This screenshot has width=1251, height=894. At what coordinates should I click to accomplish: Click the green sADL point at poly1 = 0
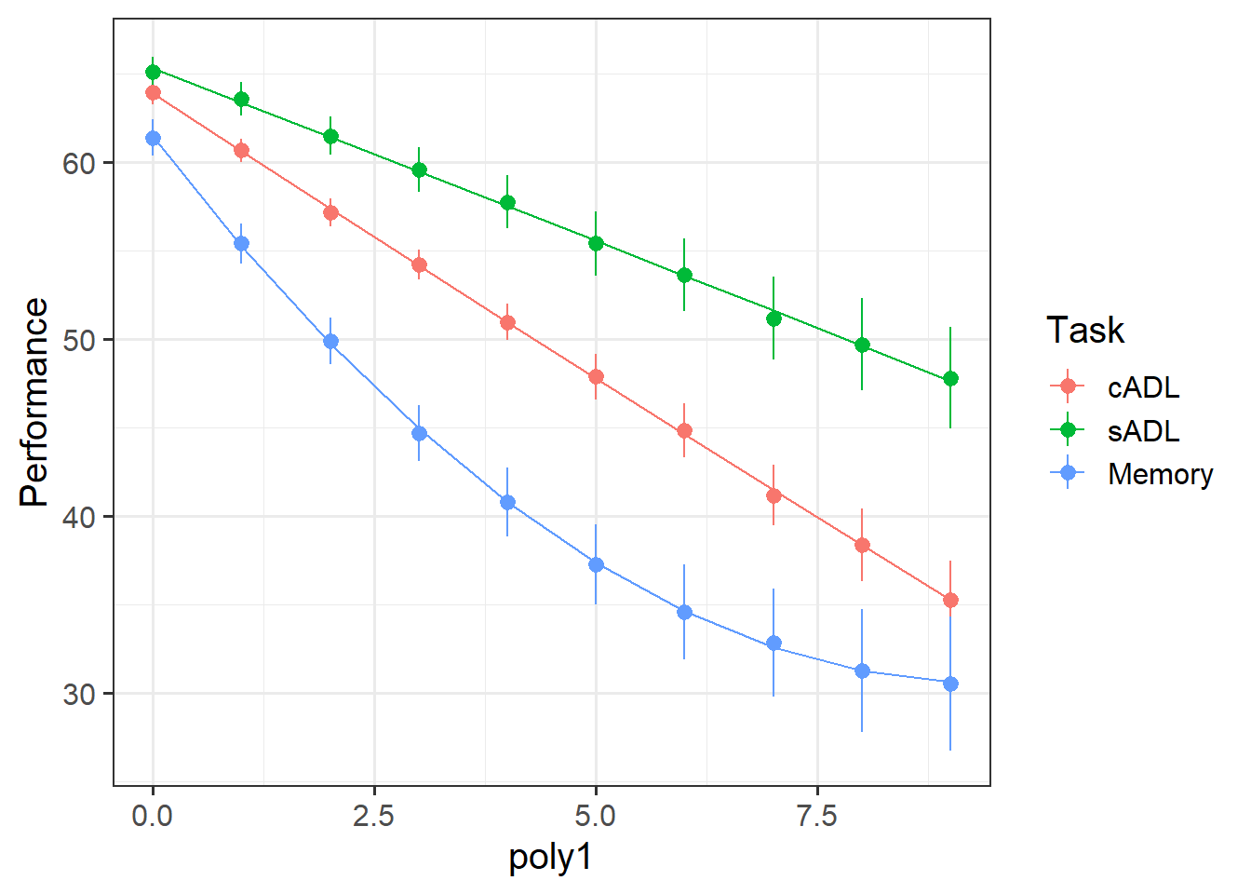[x=153, y=72]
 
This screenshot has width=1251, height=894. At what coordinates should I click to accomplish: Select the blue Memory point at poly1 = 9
[x=950, y=684]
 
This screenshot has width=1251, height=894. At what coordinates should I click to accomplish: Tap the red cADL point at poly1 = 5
[x=596, y=377]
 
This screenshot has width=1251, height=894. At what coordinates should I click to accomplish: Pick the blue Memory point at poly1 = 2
[x=330, y=342]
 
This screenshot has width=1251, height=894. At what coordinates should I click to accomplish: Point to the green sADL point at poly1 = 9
[x=950, y=379]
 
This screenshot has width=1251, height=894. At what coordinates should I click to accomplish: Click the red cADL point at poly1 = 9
[x=950, y=601]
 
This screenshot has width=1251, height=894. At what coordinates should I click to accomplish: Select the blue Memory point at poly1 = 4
[x=507, y=503]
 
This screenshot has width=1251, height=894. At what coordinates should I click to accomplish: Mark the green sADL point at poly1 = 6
[x=684, y=276]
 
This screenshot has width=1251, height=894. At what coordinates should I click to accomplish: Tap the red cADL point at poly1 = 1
[x=241, y=150]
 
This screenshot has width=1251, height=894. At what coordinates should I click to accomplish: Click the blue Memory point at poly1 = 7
[x=773, y=643]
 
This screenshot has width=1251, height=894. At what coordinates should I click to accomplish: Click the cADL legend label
[x=1143, y=387]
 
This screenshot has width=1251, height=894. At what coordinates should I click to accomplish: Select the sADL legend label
[x=1143, y=430]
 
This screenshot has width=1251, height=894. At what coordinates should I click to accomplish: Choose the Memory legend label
[x=1160, y=474]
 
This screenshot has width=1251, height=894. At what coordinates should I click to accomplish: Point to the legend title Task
[x=1085, y=331]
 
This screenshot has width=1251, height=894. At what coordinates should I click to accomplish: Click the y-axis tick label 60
[x=80, y=163]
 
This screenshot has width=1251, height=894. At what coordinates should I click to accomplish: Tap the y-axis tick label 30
[x=80, y=694]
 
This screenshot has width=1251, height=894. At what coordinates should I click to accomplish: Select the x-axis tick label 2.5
[x=373, y=817]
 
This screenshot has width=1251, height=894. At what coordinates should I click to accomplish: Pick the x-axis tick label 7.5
[x=817, y=817]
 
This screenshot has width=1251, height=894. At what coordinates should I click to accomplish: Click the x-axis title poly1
[x=550, y=858]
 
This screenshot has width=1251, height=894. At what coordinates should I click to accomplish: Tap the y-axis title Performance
[x=34, y=402]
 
